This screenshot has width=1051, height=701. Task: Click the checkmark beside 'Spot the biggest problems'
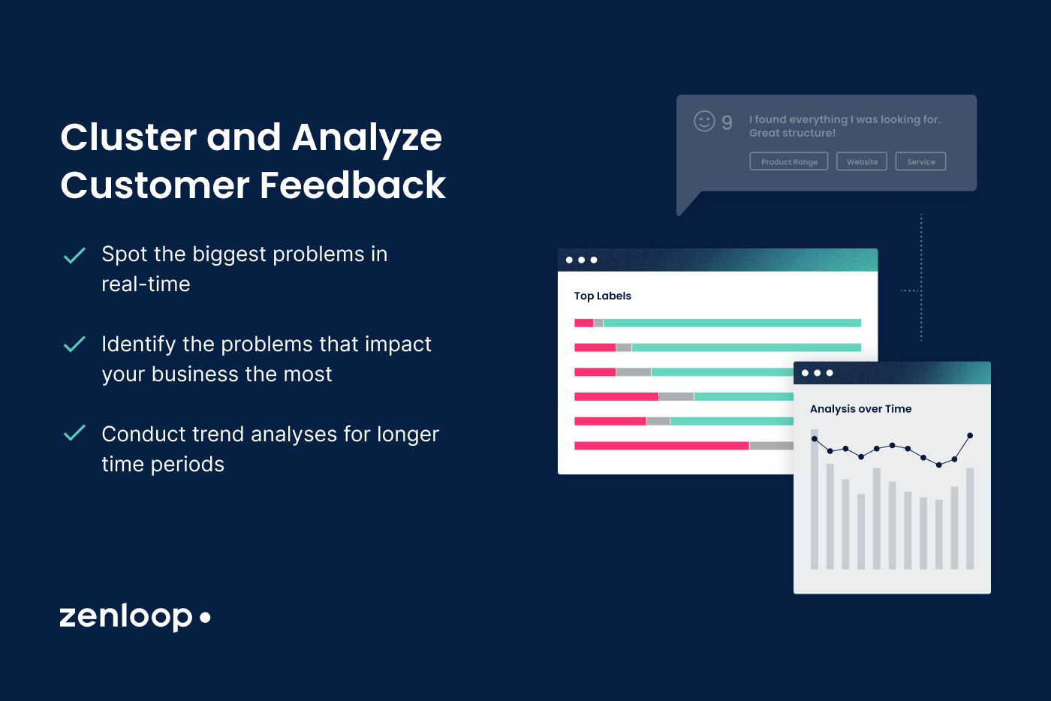click(x=74, y=256)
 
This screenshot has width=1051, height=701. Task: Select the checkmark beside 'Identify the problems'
click(x=74, y=344)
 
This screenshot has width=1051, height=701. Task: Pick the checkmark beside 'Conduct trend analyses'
click(x=74, y=433)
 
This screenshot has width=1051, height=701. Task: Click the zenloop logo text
click(x=126, y=616)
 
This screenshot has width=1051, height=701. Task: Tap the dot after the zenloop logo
click(x=205, y=618)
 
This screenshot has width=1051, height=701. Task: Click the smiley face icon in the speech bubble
click(x=704, y=121)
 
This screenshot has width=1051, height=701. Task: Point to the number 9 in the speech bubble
click(x=727, y=122)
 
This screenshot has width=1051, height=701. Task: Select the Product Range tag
click(x=788, y=161)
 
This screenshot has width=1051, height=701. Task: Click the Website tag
click(x=862, y=161)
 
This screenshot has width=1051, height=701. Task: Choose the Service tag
click(x=920, y=161)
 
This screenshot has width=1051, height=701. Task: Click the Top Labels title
click(x=602, y=296)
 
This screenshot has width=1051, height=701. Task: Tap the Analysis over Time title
click(x=860, y=409)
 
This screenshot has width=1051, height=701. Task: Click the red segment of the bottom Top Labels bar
click(x=661, y=446)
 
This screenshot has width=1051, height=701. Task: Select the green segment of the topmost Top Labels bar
click(x=732, y=323)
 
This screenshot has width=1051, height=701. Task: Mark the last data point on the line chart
click(x=970, y=435)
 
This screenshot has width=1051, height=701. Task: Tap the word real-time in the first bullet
click(x=146, y=284)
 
